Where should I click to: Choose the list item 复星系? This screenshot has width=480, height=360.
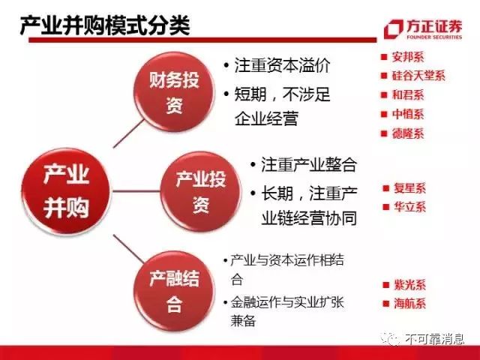pyautogui.click(x=409, y=187)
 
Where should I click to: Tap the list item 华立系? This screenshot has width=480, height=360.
pyautogui.click(x=409, y=207)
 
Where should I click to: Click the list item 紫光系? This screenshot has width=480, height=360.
pyautogui.click(x=409, y=285)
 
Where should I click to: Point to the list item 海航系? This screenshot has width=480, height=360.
pyautogui.click(x=409, y=304)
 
